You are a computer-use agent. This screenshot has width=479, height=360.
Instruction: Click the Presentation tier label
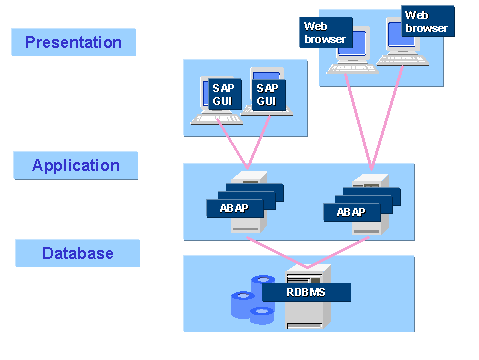(x=73, y=42)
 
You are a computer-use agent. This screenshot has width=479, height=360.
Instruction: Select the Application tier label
(x=76, y=165)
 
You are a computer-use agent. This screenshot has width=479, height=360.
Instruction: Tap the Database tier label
(x=77, y=253)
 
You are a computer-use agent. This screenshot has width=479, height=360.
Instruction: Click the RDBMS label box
(x=306, y=292)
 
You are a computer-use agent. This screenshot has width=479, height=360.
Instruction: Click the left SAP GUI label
(x=222, y=95)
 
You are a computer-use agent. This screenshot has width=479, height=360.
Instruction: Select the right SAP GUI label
(x=265, y=95)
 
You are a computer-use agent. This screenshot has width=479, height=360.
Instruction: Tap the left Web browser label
(x=324, y=32)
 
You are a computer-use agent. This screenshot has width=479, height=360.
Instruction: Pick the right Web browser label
(x=428, y=22)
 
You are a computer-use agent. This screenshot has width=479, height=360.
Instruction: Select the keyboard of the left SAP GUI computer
(x=215, y=122)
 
